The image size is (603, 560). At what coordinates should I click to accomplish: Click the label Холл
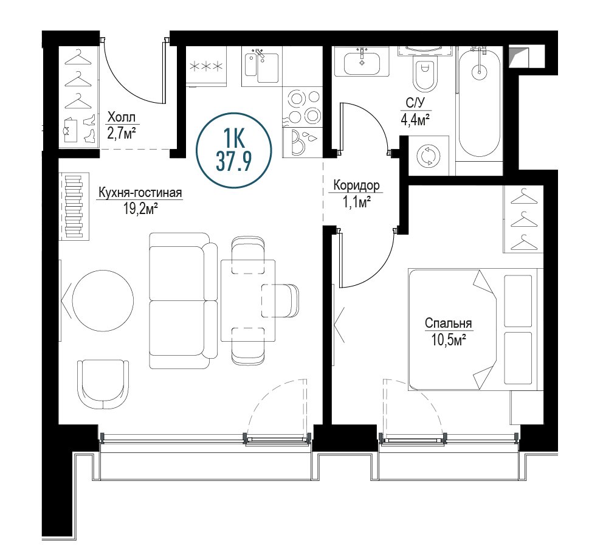tap(122, 116)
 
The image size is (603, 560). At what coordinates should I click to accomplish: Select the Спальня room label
tap(449, 323)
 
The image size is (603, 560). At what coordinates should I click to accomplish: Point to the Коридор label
tap(356, 185)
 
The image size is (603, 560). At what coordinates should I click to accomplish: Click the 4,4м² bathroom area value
tap(415, 120)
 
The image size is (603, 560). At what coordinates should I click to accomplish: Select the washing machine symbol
tap(428, 156)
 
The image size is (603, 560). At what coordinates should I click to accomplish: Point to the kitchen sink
tap(262, 67)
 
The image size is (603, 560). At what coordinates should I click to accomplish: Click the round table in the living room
tap(103, 300)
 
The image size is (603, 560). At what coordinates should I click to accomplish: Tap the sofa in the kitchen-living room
tap(183, 301)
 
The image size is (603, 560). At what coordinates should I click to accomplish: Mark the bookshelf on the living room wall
tap(74, 207)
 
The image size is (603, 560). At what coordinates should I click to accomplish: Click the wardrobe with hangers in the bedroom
tap(523, 219)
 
